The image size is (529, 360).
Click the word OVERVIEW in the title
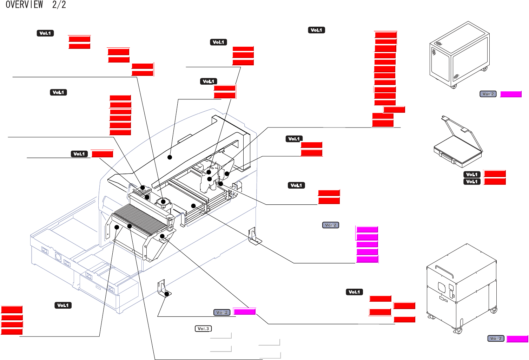click(x=24, y=5)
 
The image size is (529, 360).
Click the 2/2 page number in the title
click(x=59, y=5)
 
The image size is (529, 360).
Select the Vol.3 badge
click(x=203, y=329)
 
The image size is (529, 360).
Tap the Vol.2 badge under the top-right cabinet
click(x=488, y=94)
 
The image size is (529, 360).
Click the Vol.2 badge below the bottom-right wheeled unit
click(x=496, y=338)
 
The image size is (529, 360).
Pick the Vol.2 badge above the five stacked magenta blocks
click(x=330, y=225)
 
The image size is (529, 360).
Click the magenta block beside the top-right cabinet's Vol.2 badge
click(x=511, y=94)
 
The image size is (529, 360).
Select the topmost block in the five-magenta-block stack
click(x=367, y=229)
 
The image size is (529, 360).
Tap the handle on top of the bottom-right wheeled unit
click(x=444, y=271)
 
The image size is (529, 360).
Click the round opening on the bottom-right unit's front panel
click(x=442, y=287)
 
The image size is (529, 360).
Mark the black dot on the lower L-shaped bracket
click(x=167, y=294)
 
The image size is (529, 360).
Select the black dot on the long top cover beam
click(x=170, y=157)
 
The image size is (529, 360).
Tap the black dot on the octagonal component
click(x=163, y=202)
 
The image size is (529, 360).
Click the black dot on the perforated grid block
click(x=143, y=188)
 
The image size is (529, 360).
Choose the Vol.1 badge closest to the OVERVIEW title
click(x=45, y=33)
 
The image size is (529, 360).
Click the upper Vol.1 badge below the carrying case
click(x=472, y=174)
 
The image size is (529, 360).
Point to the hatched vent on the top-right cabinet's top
click(x=438, y=44)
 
